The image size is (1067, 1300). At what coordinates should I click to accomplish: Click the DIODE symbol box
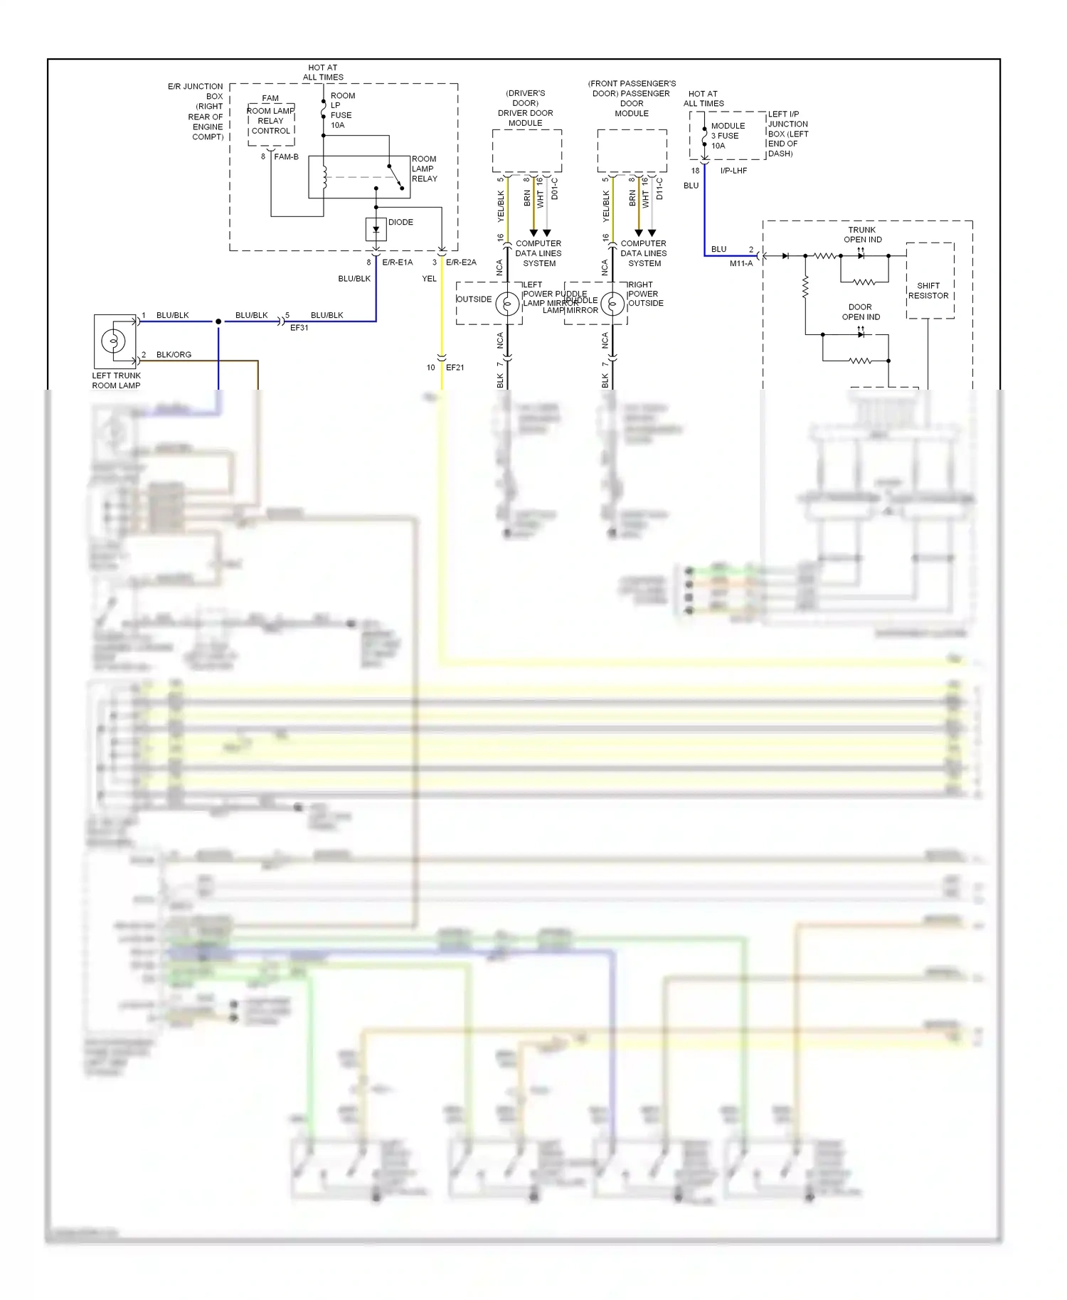(x=376, y=229)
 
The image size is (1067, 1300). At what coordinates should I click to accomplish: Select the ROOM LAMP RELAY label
(x=424, y=169)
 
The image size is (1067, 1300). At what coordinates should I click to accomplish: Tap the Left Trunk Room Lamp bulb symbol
(x=114, y=341)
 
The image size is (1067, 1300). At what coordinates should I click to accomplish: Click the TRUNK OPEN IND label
(x=862, y=235)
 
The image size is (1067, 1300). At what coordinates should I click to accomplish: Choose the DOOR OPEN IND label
(x=861, y=312)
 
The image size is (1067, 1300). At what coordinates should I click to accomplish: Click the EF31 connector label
(x=299, y=328)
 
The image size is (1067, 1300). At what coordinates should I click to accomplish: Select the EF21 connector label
(x=455, y=368)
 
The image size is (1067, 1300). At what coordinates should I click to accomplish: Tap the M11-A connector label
(x=740, y=263)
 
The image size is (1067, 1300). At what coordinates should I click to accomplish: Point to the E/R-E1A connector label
(x=397, y=262)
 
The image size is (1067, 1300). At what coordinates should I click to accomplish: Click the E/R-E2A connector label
(x=461, y=262)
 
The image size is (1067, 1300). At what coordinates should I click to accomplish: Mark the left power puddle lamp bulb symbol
(x=507, y=304)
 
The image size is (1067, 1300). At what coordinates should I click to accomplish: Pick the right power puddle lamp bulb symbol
(x=612, y=304)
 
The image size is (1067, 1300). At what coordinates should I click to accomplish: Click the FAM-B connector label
(x=286, y=156)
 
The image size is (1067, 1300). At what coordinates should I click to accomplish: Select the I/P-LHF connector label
(x=733, y=171)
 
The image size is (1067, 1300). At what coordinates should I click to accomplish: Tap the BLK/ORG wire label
(x=174, y=355)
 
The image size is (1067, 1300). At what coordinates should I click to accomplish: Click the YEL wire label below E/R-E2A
(x=429, y=279)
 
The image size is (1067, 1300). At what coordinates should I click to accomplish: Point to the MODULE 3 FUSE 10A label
(x=728, y=136)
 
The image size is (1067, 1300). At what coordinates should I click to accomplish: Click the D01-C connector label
(x=555, y=189)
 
